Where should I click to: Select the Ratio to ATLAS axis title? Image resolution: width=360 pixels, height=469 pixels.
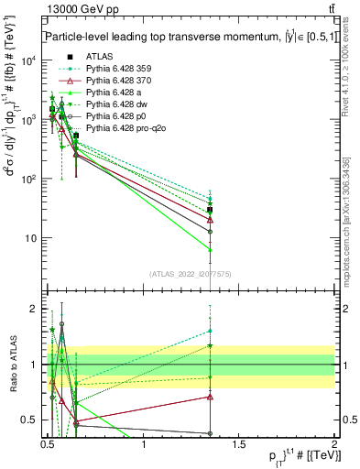pyautogui.click(x=12, y=365)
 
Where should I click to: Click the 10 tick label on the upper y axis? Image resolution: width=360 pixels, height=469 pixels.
pyautogui.click(x=30, y=237)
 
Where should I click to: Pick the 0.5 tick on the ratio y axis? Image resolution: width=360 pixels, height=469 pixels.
pyautogui.click(x=30, y=420)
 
